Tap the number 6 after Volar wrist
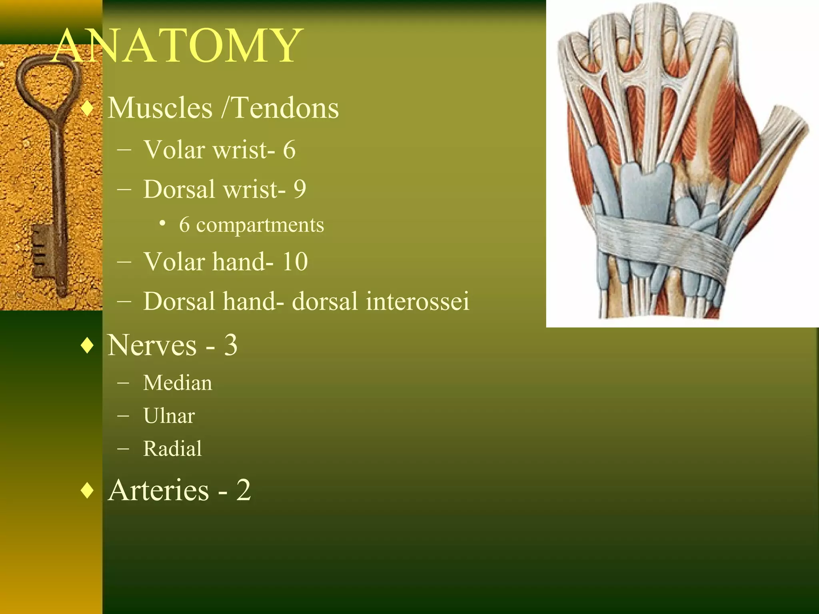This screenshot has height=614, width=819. click(x=289, y=150)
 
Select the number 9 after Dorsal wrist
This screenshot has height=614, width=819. click(x=300, y=189)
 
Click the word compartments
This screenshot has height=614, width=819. click(x=260, y=225)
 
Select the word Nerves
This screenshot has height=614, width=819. click(x=152, y=345)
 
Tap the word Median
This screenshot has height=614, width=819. click(x=178, y=383)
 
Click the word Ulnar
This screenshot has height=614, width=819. click(x=169, y=416)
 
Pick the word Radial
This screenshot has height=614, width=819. click(x=172, y=449)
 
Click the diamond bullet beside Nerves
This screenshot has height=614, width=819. click(x=87, y=346)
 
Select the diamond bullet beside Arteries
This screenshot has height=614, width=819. click(x=87, y=490)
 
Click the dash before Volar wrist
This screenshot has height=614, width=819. click(x=124, y=151)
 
